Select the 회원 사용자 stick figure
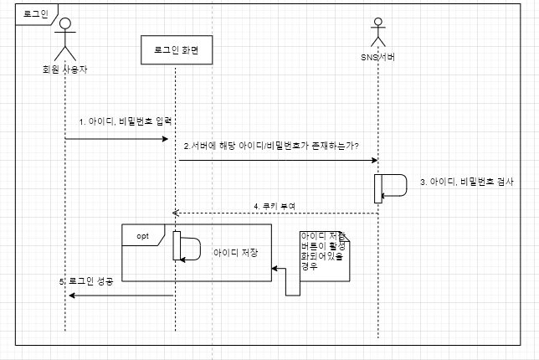65,37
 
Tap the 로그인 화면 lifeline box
175,50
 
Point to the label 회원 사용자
65,69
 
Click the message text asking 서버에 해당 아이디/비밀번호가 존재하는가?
272,146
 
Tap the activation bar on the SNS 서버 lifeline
378,188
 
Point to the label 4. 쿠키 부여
275,205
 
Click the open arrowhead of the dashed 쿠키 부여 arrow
177,213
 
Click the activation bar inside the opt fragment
177,245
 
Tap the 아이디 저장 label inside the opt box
235,251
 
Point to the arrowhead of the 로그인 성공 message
71,295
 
